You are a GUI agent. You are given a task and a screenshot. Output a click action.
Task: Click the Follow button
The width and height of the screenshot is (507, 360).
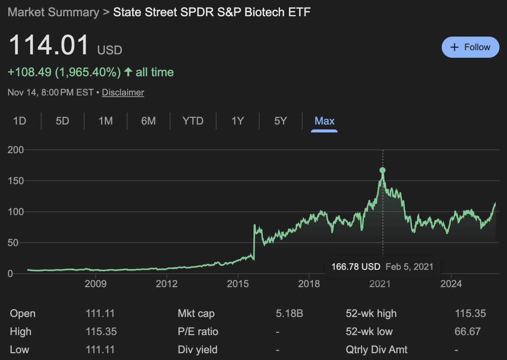click(470, 47)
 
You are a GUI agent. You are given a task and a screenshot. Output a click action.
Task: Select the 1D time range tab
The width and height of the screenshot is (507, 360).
click(20, 121)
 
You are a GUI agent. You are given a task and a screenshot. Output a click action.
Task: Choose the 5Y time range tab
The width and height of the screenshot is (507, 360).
click(280, 121)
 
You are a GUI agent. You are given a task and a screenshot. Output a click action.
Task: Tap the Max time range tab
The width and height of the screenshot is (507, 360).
click(324, 121)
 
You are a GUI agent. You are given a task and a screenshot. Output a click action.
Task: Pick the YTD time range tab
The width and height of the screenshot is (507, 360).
click(193, 121)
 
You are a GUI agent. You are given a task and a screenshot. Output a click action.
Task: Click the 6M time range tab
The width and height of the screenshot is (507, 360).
click(148, 121)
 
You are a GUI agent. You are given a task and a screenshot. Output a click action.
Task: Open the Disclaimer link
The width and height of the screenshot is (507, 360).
click(123, 92)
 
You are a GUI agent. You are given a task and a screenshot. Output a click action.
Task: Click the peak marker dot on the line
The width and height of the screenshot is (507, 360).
click(383, 170)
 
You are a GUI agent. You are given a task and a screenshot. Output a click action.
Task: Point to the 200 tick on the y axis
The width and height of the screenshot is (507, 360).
click(15, 150)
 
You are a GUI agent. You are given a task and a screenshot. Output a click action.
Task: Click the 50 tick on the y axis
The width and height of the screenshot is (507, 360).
click(13, 243)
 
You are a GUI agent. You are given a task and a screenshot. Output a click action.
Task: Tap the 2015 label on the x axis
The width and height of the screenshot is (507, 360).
click(238, 284)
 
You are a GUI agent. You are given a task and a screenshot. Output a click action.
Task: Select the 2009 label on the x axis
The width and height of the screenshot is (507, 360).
click(95, 284)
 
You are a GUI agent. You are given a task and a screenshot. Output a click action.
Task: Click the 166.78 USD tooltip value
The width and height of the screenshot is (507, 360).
click(355, 267)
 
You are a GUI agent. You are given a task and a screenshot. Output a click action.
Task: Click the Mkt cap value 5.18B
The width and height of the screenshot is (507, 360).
click(289, 314)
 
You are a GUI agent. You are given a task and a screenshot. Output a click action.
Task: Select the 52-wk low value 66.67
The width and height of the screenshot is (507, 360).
click(467, 332)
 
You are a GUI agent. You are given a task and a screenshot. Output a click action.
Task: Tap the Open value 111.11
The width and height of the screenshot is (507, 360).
click(100, 314)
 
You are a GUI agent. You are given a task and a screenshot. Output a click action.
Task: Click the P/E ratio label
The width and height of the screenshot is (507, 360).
click(198, 332)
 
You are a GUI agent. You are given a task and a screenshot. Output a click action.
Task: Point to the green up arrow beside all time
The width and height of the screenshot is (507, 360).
click(128, 72)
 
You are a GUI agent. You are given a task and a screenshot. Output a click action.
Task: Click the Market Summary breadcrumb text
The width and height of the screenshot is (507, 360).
click(53, 12)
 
